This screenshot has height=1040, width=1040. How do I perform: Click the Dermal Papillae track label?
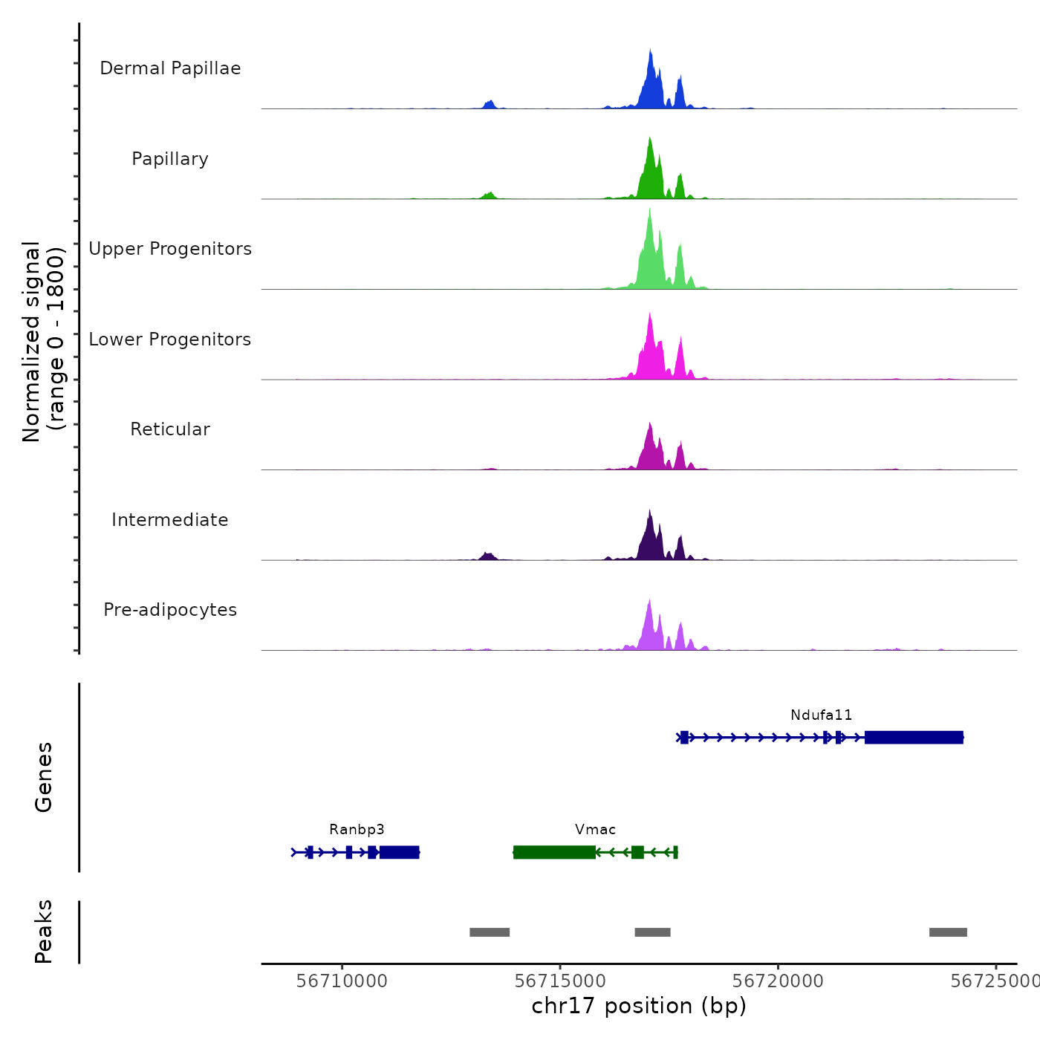click(x=170, y=68)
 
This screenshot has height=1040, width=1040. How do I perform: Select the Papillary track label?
click(x=170, y=159)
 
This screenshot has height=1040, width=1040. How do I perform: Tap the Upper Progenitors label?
click(x=170, y=249)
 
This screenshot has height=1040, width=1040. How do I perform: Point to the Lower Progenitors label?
click(x=170, y=339)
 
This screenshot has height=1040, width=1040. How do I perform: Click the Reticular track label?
click(x=170, y=429)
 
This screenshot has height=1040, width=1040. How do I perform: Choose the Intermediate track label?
click(x=170, y=520)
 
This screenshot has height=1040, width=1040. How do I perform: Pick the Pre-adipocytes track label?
click(x=170, y=610)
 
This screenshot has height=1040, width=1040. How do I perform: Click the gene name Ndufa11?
click(x=821, y=715)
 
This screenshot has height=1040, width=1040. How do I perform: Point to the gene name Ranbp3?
click(x=357, y=830)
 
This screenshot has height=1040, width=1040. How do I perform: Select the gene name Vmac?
click(x=595, y=830)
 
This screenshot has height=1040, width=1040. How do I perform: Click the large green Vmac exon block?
click(x=554, y=852)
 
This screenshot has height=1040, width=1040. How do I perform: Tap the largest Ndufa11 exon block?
click(x=914, y=737)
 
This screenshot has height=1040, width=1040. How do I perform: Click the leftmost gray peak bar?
click(x=490, y=932)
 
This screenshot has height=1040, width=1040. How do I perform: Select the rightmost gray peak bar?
click(x=948, y=932)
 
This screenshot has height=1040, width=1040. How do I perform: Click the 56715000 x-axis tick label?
click(x=560, y=981)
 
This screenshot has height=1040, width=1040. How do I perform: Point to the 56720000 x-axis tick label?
click(x=778, y=981)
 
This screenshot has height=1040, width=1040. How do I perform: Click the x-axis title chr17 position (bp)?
click(x=639, y=1007)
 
